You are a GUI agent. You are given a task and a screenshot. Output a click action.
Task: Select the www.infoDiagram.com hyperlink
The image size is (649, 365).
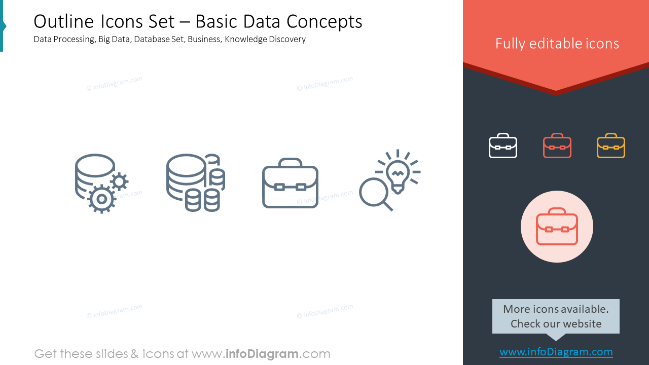pos(556,352)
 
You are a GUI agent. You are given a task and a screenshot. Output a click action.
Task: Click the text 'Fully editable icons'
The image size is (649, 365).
pos(557,44)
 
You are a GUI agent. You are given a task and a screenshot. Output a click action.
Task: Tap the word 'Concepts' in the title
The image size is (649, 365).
pos(324,22)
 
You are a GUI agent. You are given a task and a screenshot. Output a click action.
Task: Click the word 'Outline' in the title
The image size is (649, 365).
pos(64,21)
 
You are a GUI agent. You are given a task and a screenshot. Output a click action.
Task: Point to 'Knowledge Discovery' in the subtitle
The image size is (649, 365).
pos(265,39)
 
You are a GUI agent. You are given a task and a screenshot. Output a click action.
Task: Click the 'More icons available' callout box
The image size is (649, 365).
pos(556,316)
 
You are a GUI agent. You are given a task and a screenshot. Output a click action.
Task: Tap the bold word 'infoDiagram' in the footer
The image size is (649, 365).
pos(262,354)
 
